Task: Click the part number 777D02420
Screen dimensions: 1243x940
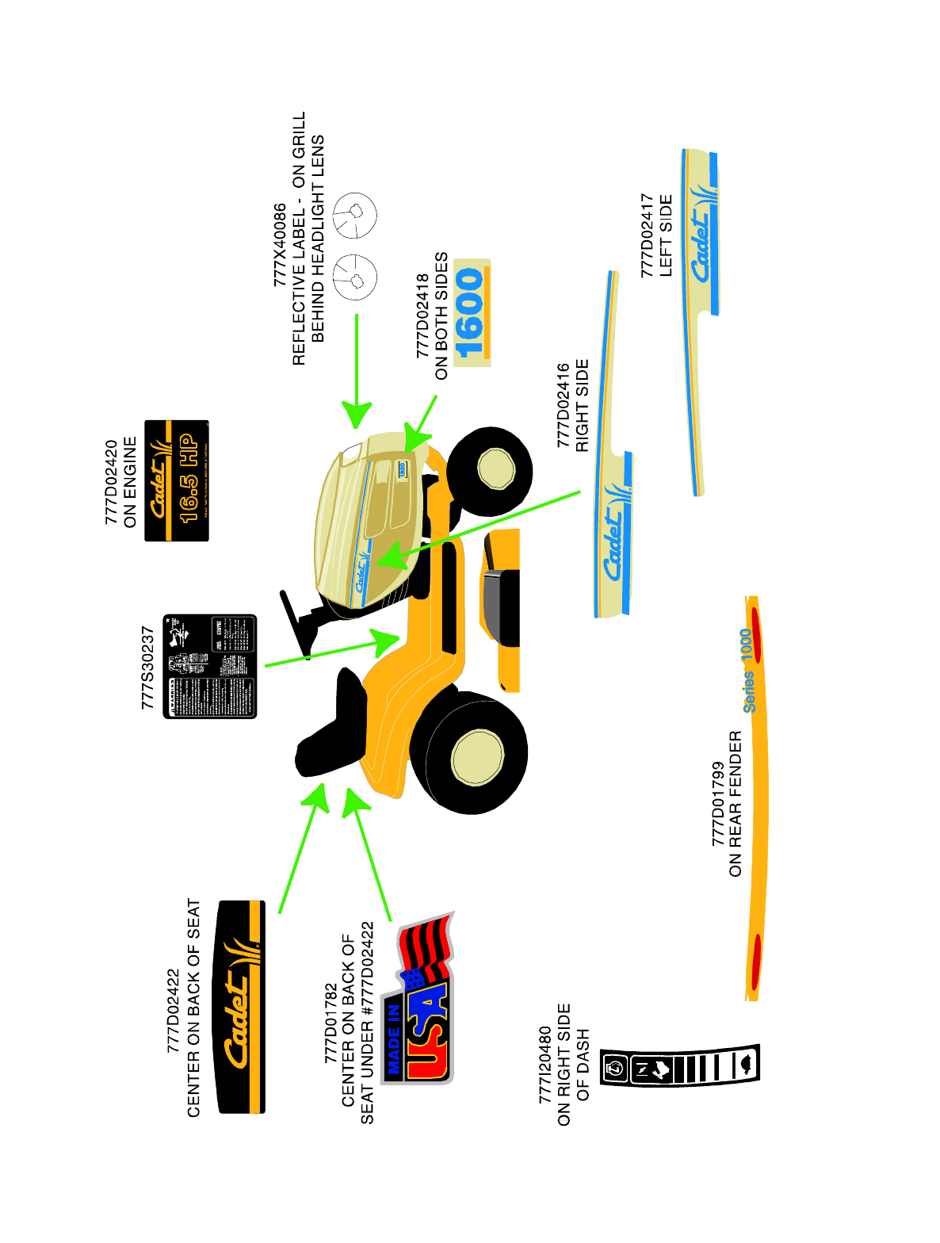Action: [x=112, y=482]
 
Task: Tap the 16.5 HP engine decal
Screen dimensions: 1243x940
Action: [x=177, y=480]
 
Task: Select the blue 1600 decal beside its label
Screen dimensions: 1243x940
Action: [x=472, y=312]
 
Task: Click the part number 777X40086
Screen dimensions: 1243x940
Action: [x=280, y=244]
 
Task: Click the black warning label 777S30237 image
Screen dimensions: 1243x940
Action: [x=210, y=666]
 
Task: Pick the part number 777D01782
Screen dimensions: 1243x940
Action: [x=331, y=1023]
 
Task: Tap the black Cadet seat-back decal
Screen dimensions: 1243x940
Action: [x=241, y=1007]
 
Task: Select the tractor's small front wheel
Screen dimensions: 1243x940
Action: [x=490, y=469]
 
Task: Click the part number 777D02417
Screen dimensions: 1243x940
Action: [x=648, y=235]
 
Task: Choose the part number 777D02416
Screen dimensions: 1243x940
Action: [x=563, y=405]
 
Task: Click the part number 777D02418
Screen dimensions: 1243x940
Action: [x=422, y=316]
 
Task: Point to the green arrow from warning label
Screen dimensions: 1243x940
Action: [x=333, y=652]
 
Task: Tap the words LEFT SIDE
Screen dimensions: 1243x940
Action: [x=666, y=235]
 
